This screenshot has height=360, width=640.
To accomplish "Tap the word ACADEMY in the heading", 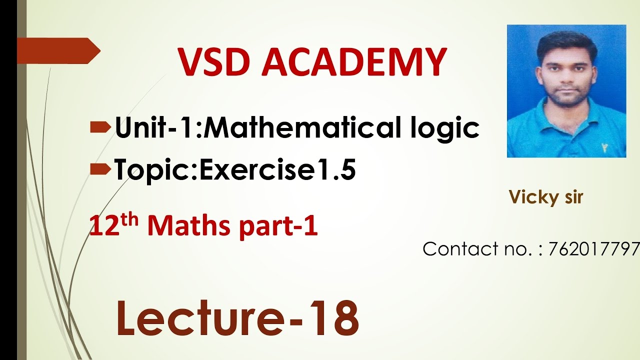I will click(x=353, y=62).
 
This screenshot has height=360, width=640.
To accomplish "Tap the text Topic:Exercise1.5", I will click(x=235, y=170).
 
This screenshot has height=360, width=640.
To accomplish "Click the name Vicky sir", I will click(x=546, y=197).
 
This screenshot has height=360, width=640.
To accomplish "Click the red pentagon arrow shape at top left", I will click(x=57, y=51).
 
